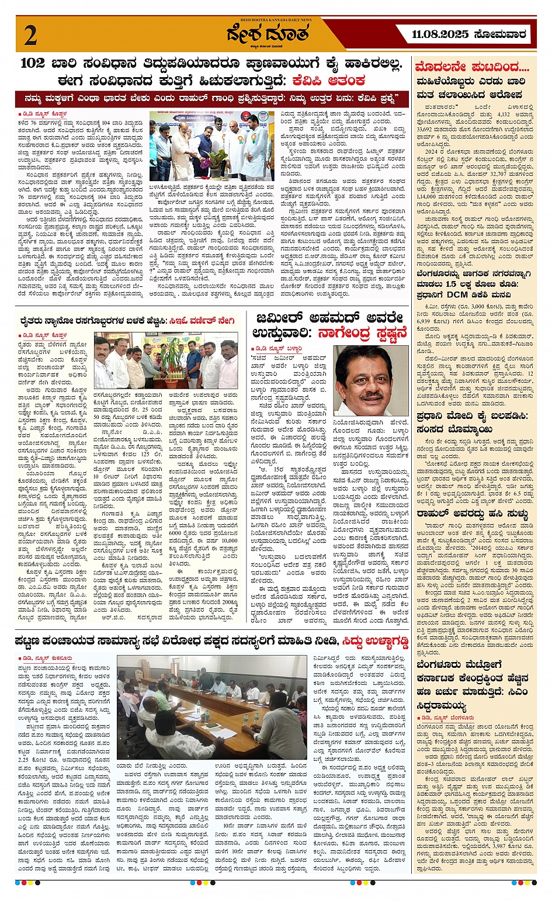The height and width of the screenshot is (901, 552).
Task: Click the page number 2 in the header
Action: click(x=30, y=36)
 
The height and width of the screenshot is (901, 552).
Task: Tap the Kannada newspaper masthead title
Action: click(x=268, y=35)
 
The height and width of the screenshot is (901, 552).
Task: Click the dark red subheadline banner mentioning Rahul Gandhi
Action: click(x=213, y=97)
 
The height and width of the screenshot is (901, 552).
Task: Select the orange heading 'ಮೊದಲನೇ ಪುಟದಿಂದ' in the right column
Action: click(x=472, y=67)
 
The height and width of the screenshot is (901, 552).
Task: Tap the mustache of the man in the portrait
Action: click(x=371, y=396)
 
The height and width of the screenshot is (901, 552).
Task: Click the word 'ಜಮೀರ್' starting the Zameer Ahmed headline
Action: click(x=279, y=319)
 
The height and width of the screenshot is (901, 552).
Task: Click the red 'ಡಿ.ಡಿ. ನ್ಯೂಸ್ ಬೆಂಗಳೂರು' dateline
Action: click(x=447, y=717)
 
